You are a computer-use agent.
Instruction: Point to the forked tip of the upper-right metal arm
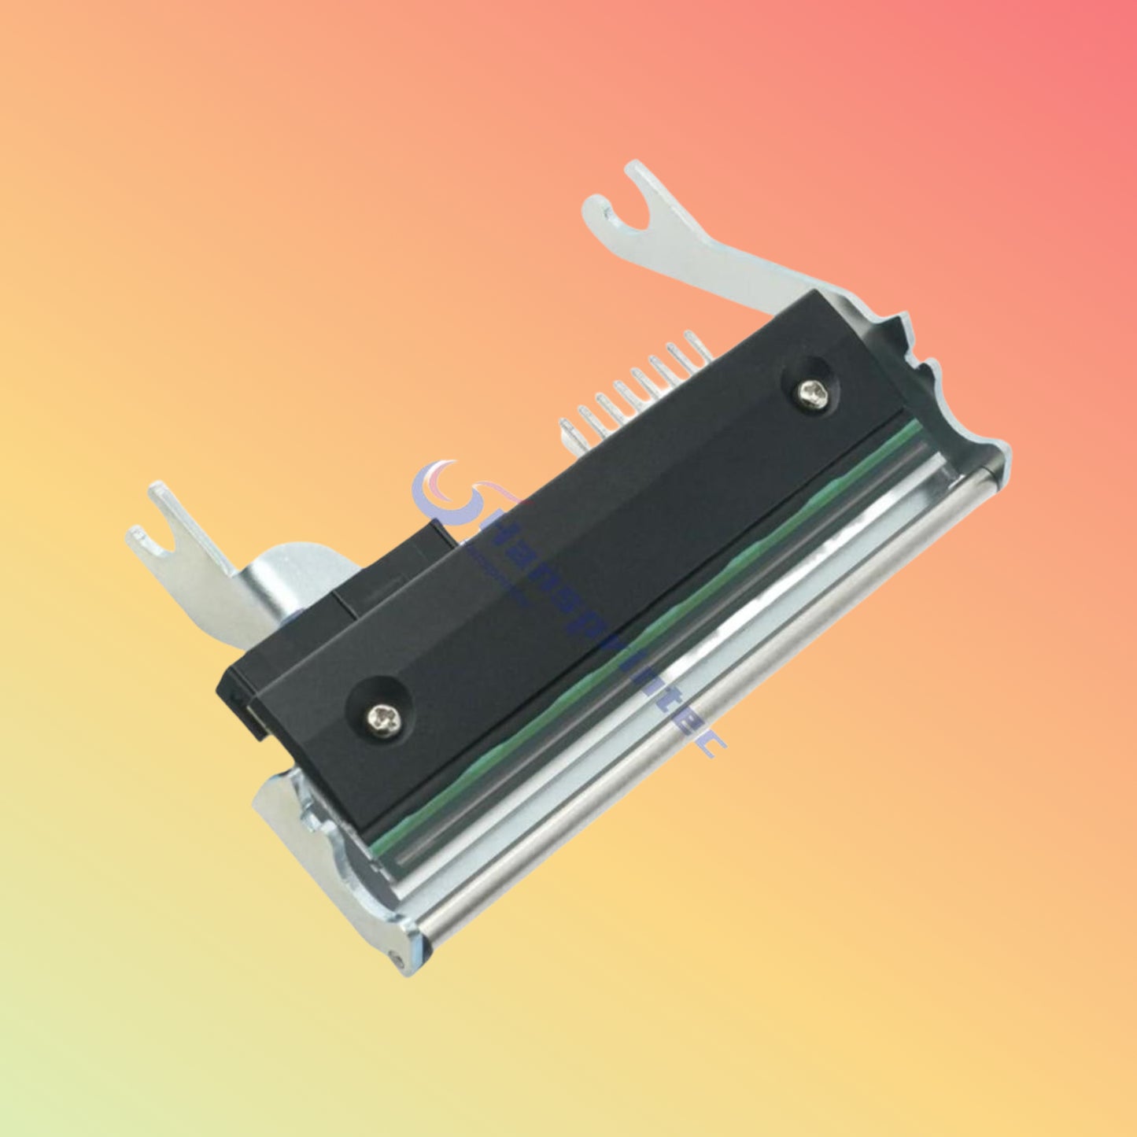[622, 197]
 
